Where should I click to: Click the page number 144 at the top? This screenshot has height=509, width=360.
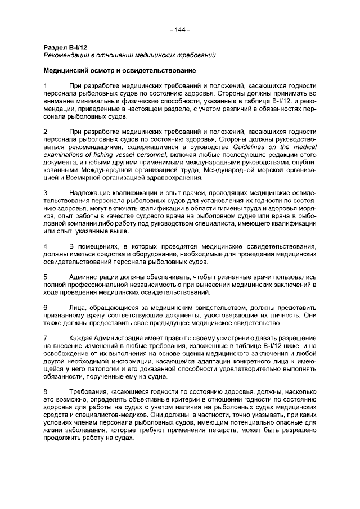click(x=180, y=30)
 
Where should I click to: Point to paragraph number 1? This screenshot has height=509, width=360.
click(x=46, y=85)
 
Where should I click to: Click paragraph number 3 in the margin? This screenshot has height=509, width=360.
click(x=46, y=193)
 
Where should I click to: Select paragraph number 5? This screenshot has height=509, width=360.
click(x=46, y=277)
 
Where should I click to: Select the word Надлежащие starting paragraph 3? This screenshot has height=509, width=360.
click(x=89, y=193)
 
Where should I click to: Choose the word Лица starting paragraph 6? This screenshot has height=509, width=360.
click(x=77, y=308)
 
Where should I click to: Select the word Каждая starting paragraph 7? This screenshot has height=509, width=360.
click(x=81, y=339)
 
